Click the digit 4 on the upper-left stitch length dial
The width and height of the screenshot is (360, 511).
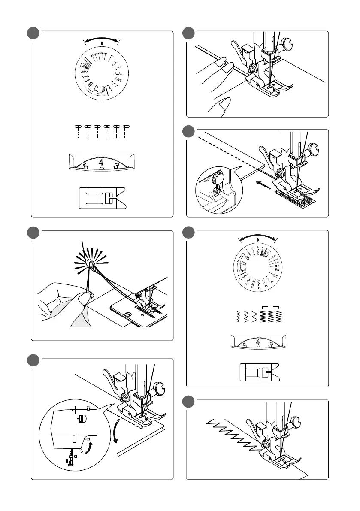(x=100, y=163)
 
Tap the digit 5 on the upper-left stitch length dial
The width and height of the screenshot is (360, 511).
(x=86, y=166)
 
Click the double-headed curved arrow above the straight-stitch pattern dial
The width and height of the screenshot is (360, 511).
(x=102, y=40)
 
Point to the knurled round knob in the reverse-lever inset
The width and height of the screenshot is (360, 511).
(x=218, y=176)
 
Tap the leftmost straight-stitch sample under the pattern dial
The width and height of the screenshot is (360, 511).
(x=78, y=132)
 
